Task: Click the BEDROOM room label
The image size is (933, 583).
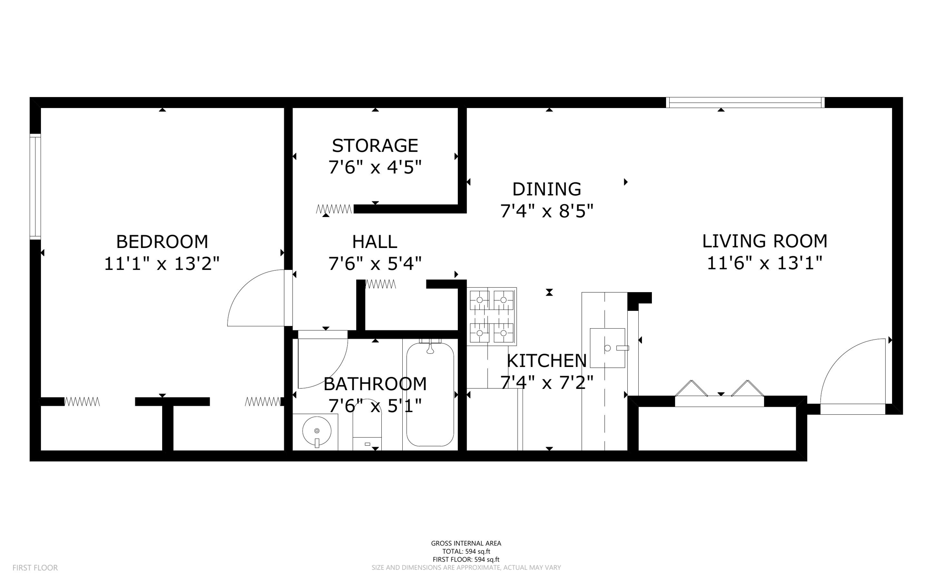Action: pos(162,242)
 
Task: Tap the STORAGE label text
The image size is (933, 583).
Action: pos(375,146)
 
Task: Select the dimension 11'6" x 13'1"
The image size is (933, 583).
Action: pos(764,263)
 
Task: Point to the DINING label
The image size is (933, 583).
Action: pos(547,189)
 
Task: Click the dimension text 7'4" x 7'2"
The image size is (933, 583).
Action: pos(547,382)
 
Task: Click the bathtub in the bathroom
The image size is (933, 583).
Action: pos(430,394)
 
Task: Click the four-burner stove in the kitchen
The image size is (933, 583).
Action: pos(492,316)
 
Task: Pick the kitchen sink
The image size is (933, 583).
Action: pos(608,348)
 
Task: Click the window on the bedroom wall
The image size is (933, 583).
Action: pos(36,186)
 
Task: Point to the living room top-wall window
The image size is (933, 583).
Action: pos(745,103)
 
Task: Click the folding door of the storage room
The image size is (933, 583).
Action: pos(334,209)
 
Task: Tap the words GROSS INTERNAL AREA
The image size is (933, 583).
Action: pos(466,543)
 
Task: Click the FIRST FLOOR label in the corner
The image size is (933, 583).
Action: pos(35,568)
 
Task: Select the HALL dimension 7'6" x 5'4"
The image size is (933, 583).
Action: pos(375,263)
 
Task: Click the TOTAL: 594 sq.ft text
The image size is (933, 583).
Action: pos(466,552)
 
